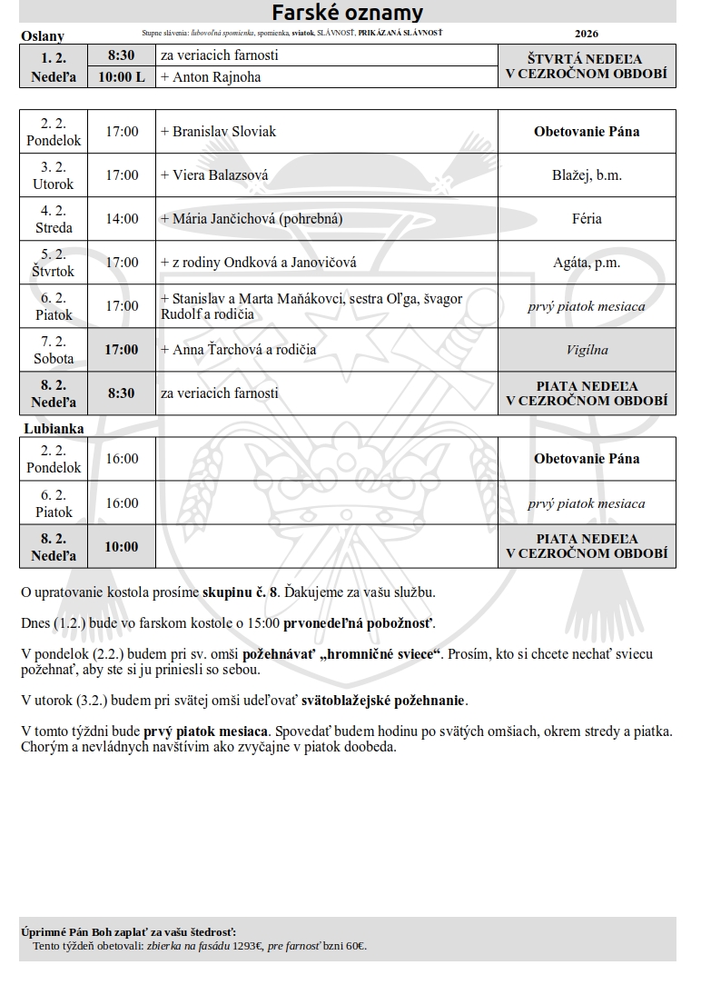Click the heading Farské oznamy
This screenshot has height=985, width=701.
click(348, 12)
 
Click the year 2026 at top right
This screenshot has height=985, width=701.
click(587, 34)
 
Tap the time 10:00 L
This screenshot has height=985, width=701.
click(122, 77)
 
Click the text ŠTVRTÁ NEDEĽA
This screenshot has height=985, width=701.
click(587, 59)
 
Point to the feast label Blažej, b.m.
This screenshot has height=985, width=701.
click(587, 175)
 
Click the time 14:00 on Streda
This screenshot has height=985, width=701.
click(122, 219)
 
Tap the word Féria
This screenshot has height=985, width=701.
click(587, 219)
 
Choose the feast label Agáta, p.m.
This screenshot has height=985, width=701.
click(587, 263)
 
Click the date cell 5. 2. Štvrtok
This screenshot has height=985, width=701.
click(54, 263)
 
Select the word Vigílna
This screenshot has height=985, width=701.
click(587, 350)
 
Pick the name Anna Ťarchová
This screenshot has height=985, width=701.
click(217, 350)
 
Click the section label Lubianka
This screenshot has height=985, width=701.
click(53, 427)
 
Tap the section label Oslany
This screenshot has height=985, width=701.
click(42, 36)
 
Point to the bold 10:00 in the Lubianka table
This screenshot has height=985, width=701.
click(122, 546)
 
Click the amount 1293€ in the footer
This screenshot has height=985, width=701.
click(247, 946)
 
